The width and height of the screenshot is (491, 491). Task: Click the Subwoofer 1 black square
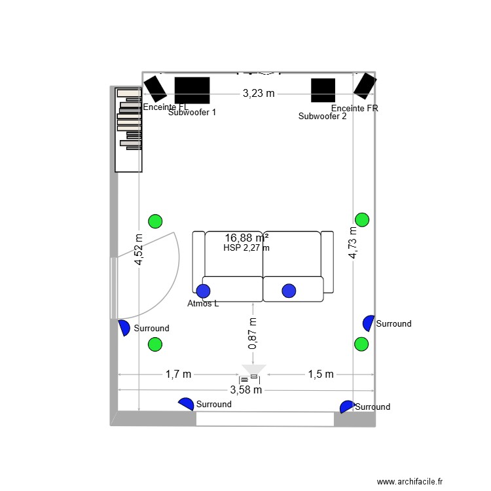[192, 90]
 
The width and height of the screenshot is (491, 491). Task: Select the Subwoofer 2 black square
[323, 91]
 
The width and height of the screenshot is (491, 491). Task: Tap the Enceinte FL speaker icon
[155, 88]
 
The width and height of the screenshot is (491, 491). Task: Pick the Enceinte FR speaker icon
[364, 84]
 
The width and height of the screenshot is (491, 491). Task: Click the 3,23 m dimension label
[259, 94]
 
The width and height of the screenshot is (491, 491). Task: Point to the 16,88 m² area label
[247, 238]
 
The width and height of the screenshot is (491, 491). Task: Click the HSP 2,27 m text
[247, 247]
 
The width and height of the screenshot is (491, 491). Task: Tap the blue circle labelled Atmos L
[204, 291]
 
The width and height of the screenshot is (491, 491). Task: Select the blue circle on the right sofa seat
[289, 290]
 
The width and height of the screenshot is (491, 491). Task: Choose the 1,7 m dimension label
[178, 374]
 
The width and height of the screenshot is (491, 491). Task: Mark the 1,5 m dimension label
[321, 374]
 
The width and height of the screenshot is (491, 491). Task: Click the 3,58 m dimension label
[245, 390]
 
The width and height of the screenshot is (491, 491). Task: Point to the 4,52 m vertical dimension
[139, 250]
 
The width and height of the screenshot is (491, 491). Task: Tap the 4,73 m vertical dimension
[354, 243]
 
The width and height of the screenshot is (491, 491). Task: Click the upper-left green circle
[155, 221]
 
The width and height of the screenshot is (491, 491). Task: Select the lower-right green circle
[361, 344]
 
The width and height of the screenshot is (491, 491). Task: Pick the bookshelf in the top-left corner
[128, 130]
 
